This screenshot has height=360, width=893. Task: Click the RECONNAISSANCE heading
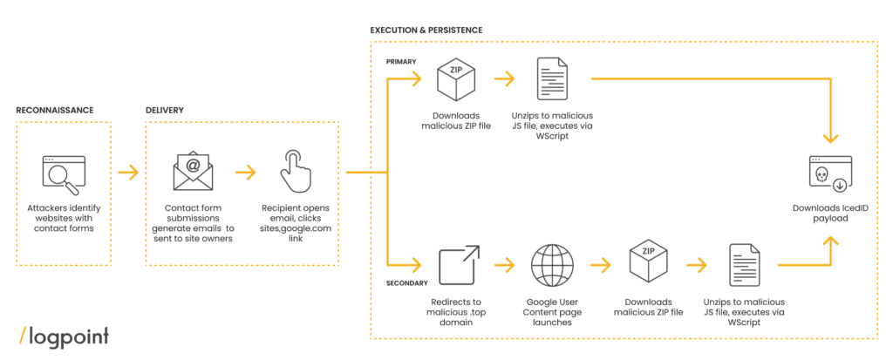coord(54,111)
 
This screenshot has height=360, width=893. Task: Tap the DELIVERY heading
coord(165,111)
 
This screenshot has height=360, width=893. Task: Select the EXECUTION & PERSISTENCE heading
coord(426,31)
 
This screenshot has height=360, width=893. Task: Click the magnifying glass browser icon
coord(63,174)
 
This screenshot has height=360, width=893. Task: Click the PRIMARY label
coord(400,62)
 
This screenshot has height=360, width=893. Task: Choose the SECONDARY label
coord(405,283)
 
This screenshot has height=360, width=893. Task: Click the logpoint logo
coord(63,336)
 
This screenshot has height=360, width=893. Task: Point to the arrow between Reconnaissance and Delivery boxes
coord(128,173)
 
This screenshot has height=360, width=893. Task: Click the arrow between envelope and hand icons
coord(244,173)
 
